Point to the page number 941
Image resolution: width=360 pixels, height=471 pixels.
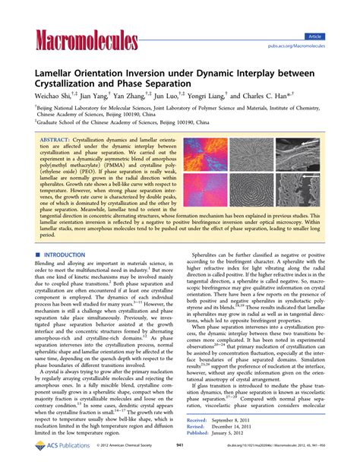[180, 458]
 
